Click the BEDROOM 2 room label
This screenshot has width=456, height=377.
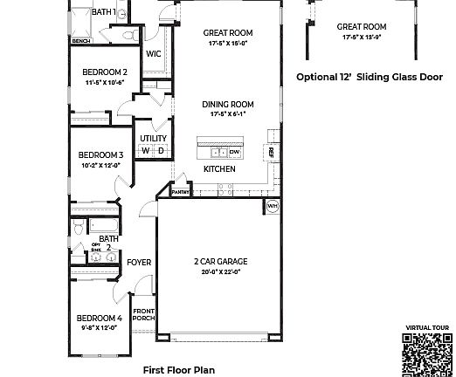[106, 72]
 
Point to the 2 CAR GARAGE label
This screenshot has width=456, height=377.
[220, 261]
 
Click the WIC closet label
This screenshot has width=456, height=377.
[154, 54]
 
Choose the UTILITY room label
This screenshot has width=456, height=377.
[153, 138]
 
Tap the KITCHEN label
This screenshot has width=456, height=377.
[218, 168]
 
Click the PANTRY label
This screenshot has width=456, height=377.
[181, 191]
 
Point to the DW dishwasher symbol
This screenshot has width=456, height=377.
[234, 152]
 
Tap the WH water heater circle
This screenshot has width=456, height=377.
[272, 207]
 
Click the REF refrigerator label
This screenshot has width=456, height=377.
[272, 152]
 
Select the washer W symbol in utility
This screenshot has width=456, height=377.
[146, 150]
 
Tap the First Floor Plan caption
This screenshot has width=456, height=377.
[178, 369]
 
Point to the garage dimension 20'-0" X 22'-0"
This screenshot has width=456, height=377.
[220, 271]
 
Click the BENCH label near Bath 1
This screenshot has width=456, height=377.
[81, 41]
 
